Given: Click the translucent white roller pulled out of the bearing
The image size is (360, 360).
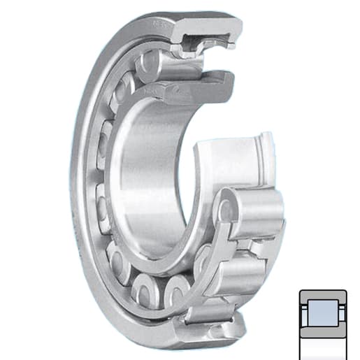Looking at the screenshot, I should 234,157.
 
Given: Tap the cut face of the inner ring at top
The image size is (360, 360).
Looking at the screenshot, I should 203,82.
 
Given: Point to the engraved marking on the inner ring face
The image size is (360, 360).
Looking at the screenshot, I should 148,90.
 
